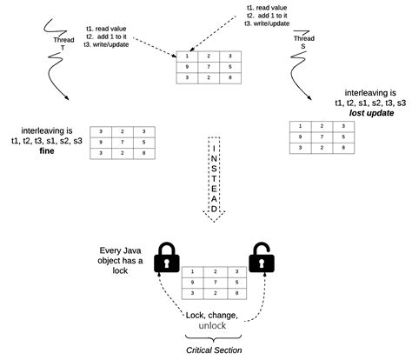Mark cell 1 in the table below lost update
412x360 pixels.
tap(301, 125)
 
